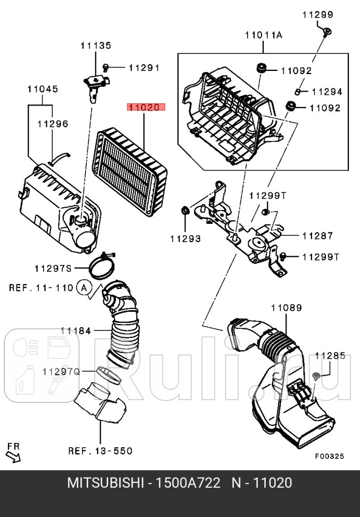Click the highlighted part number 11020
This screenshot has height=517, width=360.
pos(146,107)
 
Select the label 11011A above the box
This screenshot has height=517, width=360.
pos(264,36)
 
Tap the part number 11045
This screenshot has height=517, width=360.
pos(43,89)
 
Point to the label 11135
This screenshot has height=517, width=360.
pos(96,46)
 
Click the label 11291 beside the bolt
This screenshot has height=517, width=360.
pos(144,68)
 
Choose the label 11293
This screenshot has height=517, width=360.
pos(186,239)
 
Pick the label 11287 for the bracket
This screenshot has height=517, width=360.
pos(317,235)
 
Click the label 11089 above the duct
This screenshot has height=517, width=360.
pos(286,308)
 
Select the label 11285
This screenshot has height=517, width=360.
pos(330,355)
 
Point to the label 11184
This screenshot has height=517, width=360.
pos(76,330)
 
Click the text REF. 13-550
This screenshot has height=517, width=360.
pos(100,451)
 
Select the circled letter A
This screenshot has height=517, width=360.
pos(83,288)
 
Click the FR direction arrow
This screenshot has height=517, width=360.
pos(13,454)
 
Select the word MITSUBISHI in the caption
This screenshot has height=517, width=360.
pos(105,484)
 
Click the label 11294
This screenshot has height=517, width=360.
pos(327,92)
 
